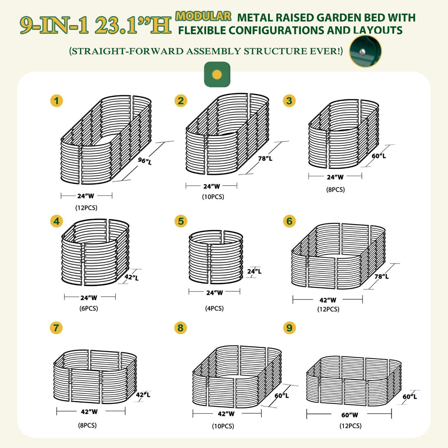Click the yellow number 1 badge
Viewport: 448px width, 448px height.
(56, 101)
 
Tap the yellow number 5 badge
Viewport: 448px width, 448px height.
(181, 221)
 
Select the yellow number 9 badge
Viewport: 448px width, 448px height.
(289, 328)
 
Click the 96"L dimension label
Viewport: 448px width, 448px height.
(145, 161)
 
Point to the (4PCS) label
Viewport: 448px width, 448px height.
(214, 308)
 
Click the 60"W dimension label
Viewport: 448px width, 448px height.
(349, 415)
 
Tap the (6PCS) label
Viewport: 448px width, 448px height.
(89, 308)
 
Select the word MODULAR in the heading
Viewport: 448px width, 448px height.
(203, 16)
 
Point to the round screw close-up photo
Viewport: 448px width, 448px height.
(365, 51)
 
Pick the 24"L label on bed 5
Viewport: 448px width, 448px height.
(254, 271)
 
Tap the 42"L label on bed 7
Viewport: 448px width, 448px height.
(143, 395)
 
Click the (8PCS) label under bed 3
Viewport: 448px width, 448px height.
(336, 190)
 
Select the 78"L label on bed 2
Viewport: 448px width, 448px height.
(265, 158)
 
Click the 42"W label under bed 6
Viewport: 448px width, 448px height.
(328, 300)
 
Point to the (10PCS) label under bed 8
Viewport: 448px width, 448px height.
(223, 426)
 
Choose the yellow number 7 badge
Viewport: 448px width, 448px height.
(56, 328)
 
